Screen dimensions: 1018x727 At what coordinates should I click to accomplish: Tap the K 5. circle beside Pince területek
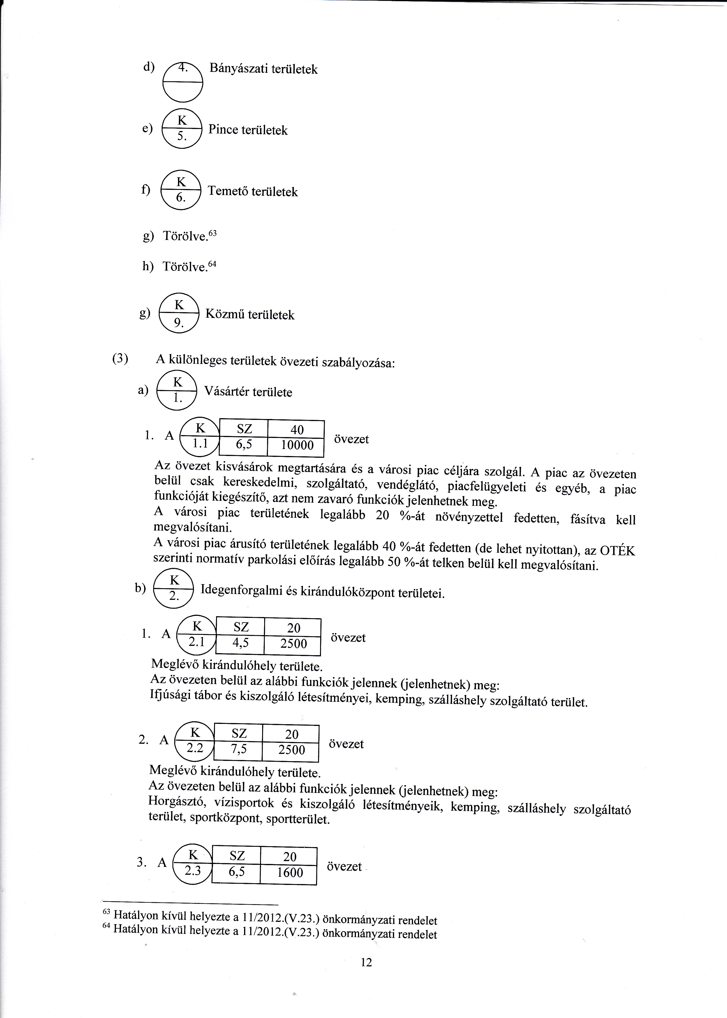point(182,129)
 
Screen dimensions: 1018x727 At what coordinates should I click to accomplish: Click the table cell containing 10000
point(295,446)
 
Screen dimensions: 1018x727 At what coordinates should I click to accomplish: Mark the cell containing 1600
point(290,873)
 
